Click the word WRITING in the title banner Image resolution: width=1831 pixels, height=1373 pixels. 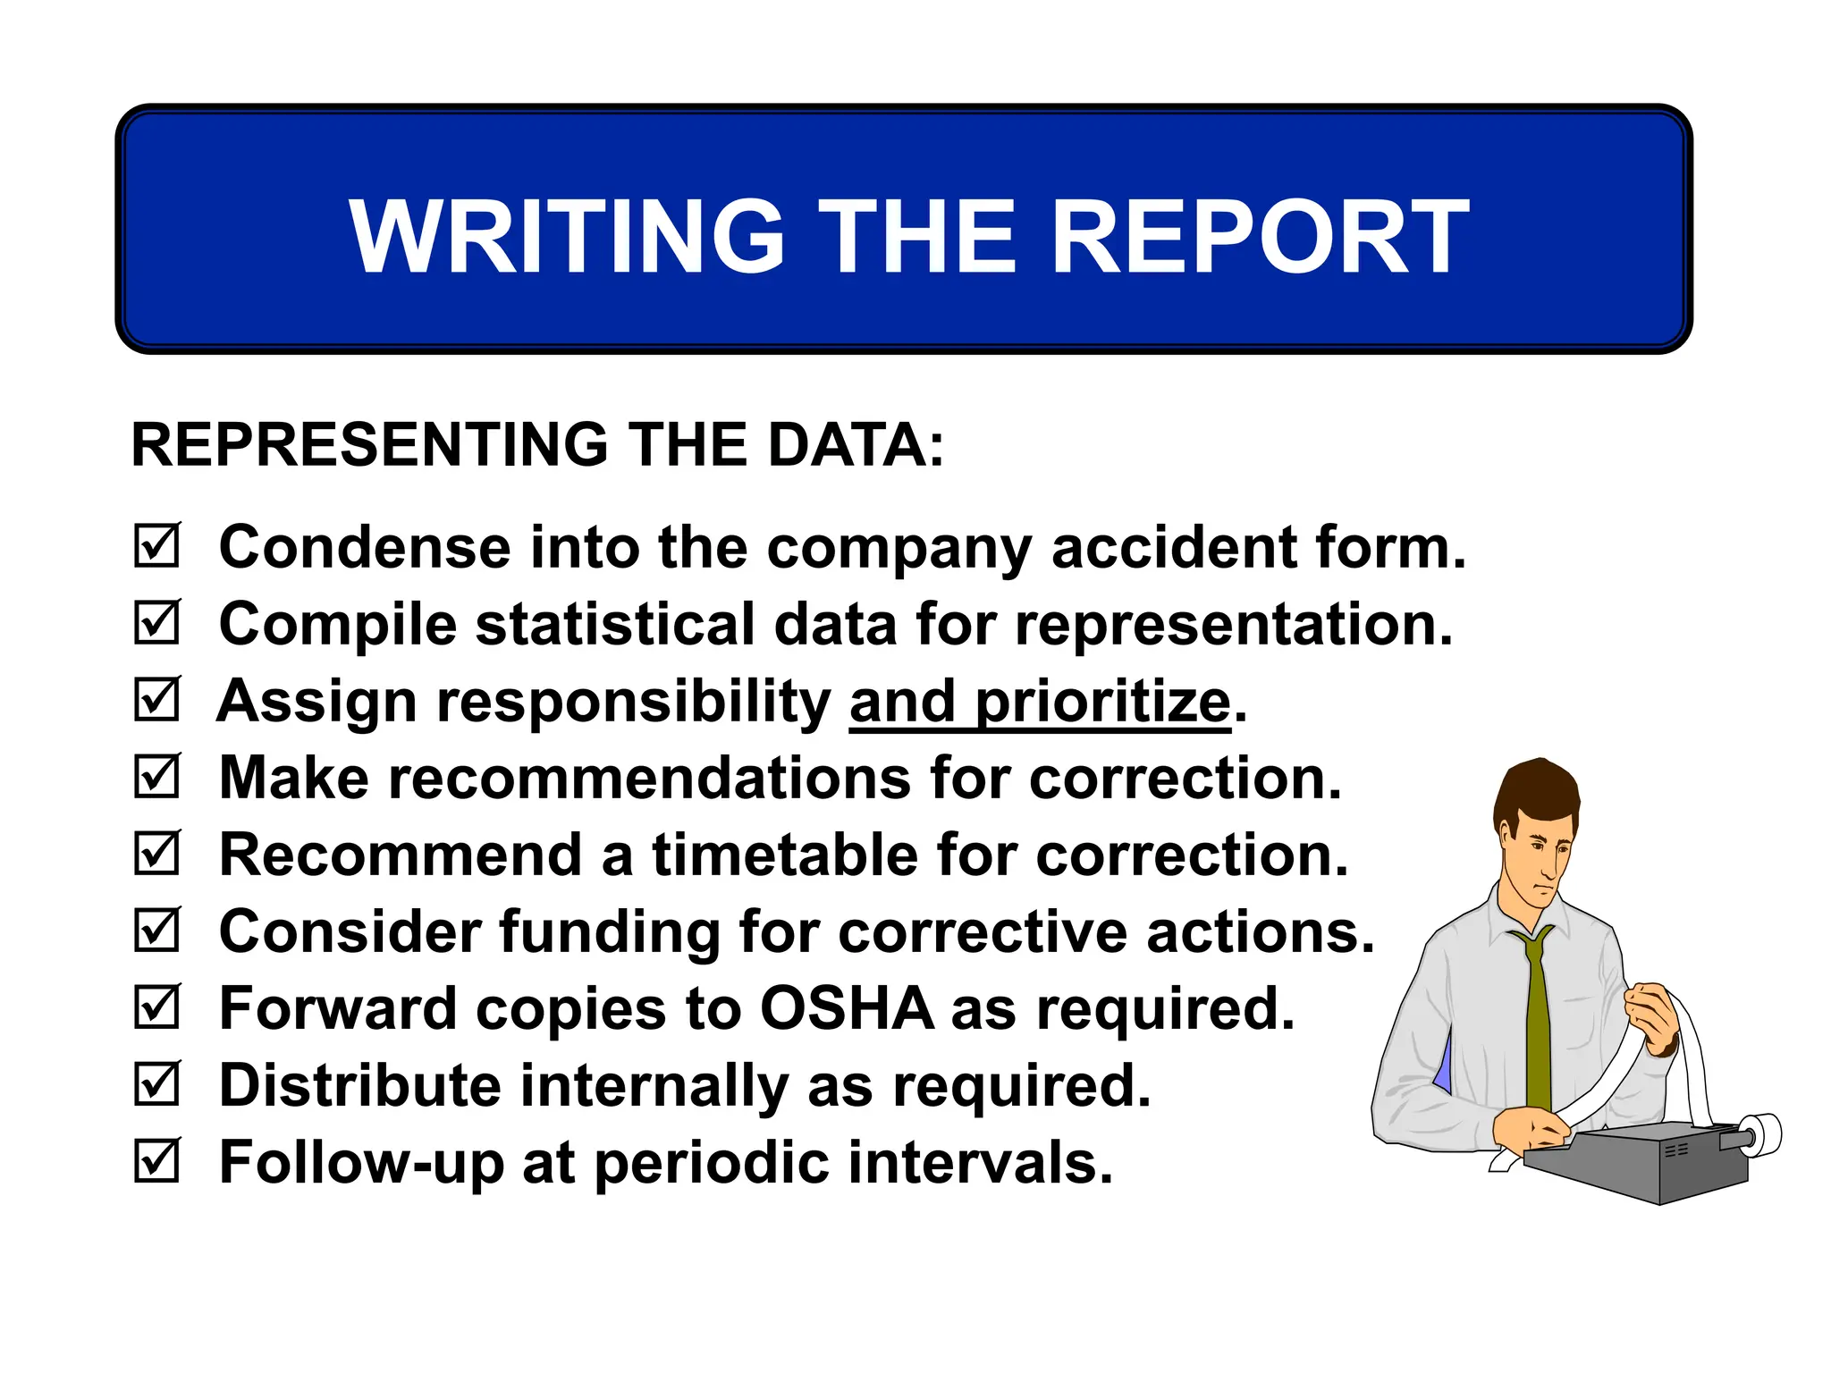566,236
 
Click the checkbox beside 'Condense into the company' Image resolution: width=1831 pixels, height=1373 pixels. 157,545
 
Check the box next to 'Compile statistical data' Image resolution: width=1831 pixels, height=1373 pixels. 157,622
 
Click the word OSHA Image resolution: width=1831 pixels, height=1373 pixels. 847,1008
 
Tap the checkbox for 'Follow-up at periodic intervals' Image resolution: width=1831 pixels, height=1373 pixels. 157,1160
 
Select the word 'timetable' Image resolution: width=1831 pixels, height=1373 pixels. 785,855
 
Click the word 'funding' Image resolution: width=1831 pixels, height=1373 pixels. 609,932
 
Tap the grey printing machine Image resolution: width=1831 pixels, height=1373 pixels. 1636,1162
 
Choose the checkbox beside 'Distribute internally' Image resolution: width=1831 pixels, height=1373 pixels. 157,1083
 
